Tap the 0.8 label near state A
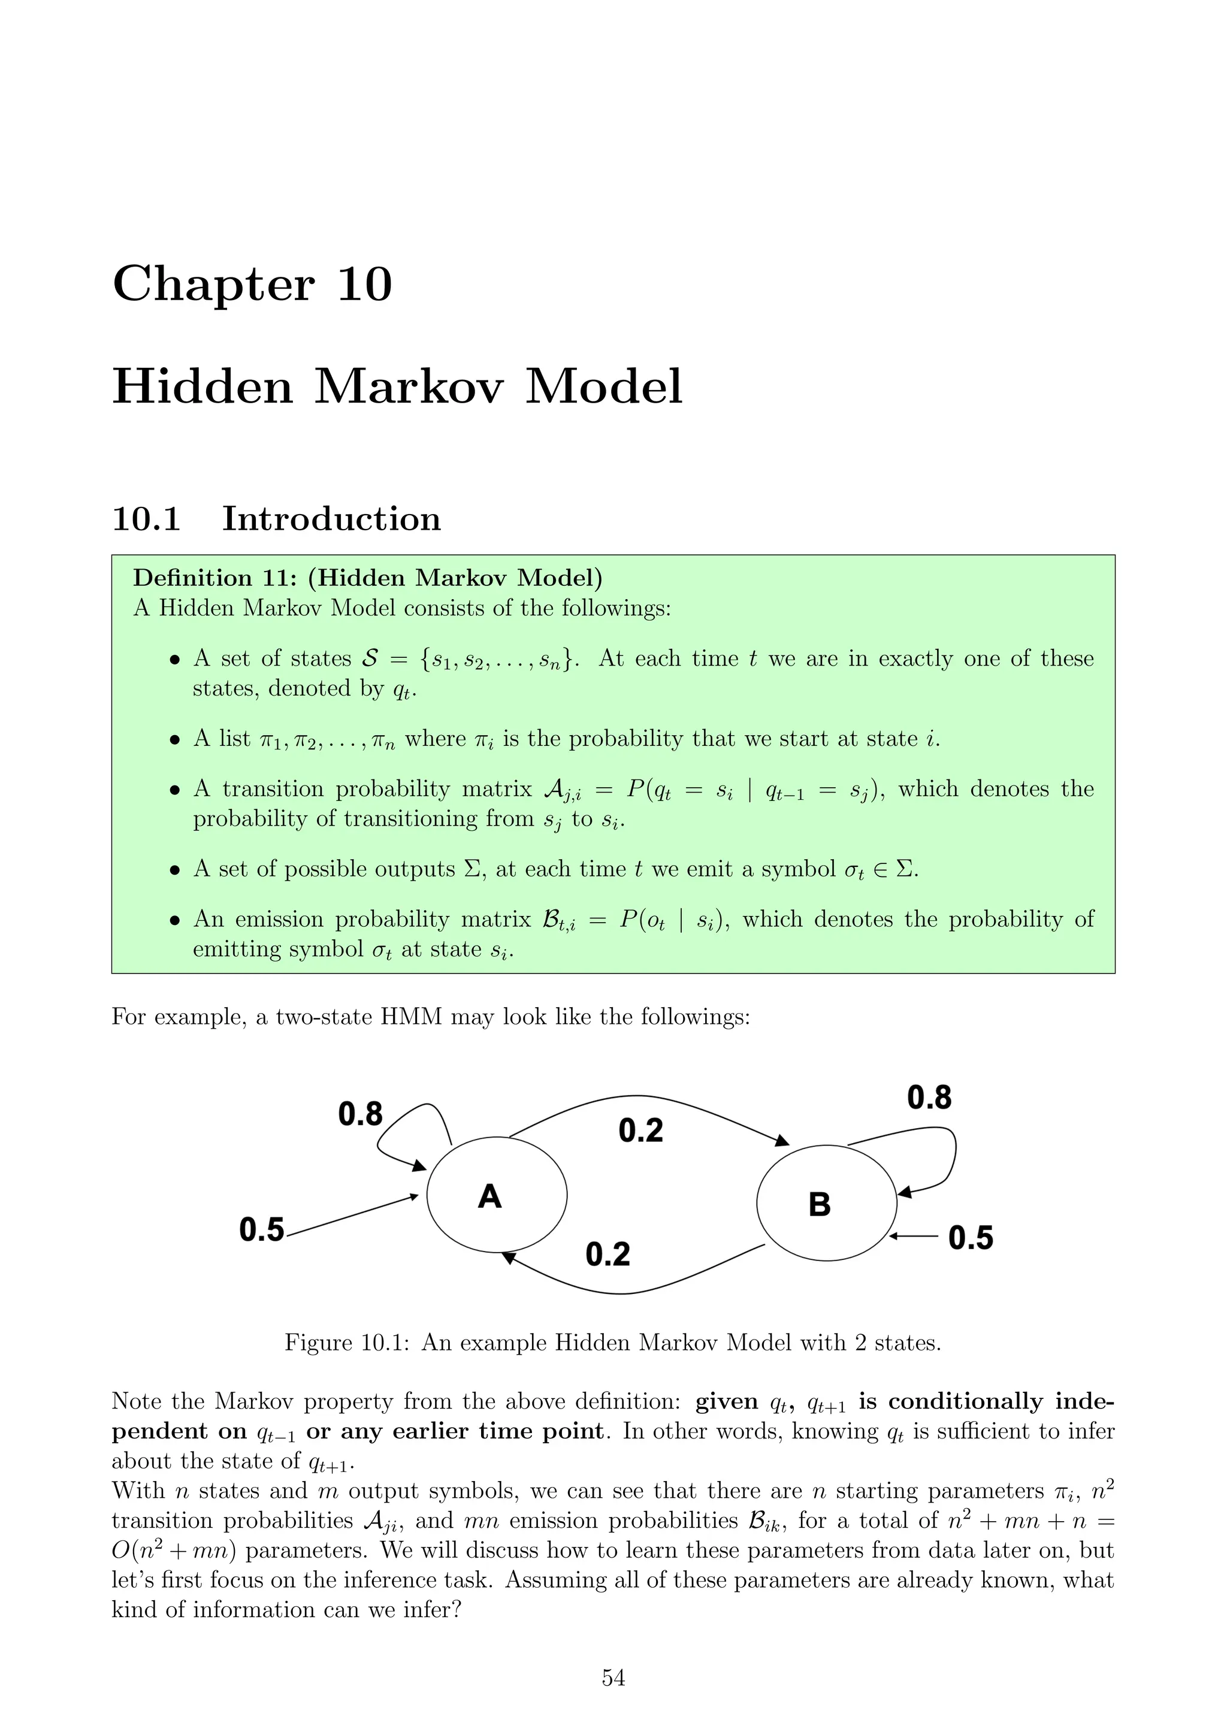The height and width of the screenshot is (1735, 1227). [x=361, y=1114]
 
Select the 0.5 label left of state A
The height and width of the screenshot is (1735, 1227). [x=261, y=1229]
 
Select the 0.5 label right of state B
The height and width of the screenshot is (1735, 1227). [x=970, y=1238]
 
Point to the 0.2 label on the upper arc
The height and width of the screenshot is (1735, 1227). [x=640, y=1131]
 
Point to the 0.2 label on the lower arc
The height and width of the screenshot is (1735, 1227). [x=608, y=1255]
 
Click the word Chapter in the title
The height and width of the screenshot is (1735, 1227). [x=213, y=285]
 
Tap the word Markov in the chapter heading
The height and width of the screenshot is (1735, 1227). [x=408, y=387]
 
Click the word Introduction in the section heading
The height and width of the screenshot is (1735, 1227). [x=331, y=519]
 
